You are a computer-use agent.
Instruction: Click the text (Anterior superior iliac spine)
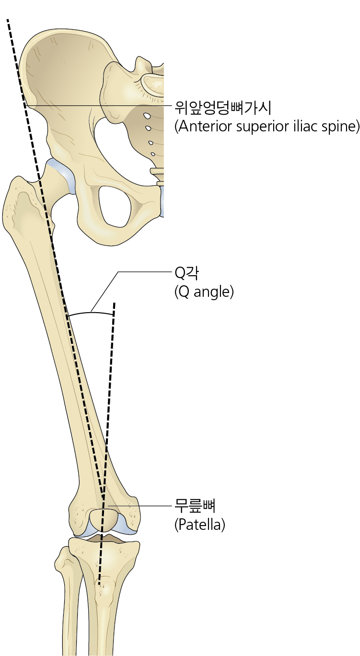[x=267, y=127]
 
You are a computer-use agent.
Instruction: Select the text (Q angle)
[x=204, y=292]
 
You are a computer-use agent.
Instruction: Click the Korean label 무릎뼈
[x=194, y=505]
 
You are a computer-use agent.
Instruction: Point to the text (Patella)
[x=199, y=525]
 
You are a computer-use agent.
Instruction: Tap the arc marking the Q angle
[x=91, y=313]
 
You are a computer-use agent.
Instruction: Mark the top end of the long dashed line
[x=8, y=20]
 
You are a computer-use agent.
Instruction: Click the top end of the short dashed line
[x=115, y=304]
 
